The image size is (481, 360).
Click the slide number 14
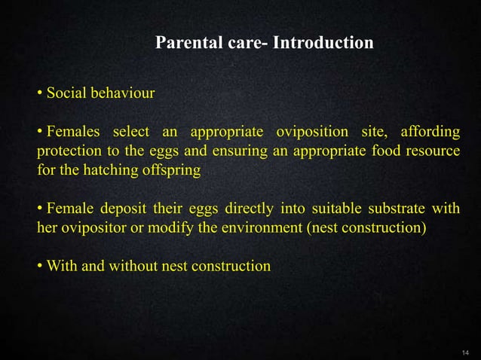(x=464, y=352)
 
